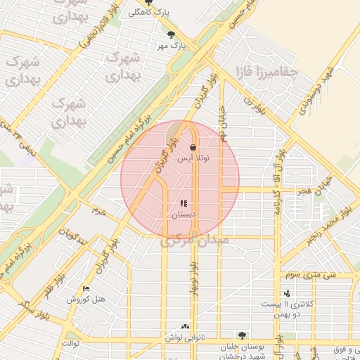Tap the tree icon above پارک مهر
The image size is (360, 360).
tap(172, 34)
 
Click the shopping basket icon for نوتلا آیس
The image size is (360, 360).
tap(193, 147)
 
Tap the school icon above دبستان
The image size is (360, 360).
tap(184, 203)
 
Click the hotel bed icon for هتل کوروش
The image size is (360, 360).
tap(86, 289)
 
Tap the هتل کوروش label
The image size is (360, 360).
tap(86, 300)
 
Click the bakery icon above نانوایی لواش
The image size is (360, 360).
tap(185, 326)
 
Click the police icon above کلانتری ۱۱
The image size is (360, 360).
tap(287, 293)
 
